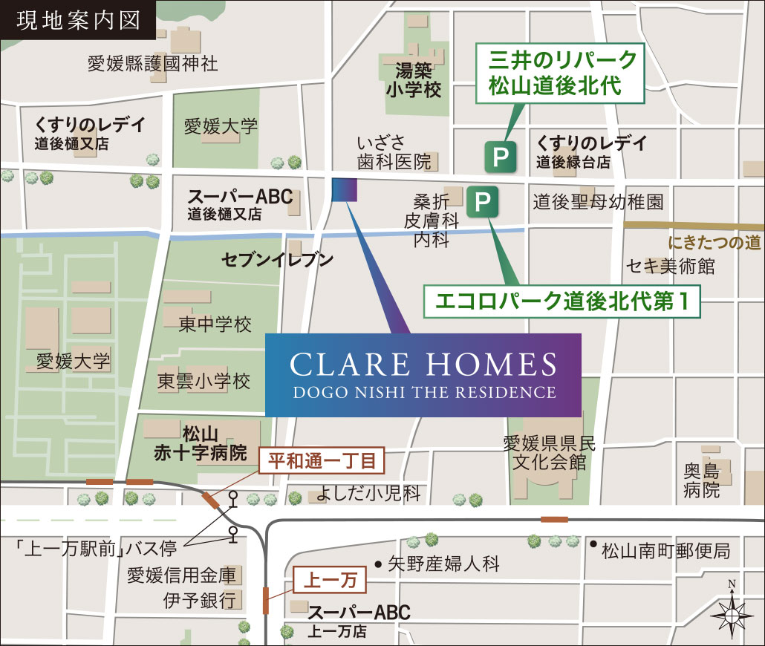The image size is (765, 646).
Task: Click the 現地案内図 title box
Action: coord(77,20)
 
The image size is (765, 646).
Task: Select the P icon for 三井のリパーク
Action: coord(500,157)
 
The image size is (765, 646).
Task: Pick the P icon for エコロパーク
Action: coord(482,201)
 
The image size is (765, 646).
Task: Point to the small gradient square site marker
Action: coord(345,190)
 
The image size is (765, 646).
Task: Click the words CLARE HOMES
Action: coord(423,365)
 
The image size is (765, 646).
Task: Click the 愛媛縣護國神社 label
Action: coord(152,63)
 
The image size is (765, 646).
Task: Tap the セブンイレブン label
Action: coord(277,260)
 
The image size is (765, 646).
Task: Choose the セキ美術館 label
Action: coord(670,266)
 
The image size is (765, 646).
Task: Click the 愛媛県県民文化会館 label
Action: coord(550,454)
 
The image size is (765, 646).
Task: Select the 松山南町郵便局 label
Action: coord(666,551)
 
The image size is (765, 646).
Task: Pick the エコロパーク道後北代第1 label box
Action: coord(561,302)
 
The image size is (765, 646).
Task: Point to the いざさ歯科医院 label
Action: coord(394,151)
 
